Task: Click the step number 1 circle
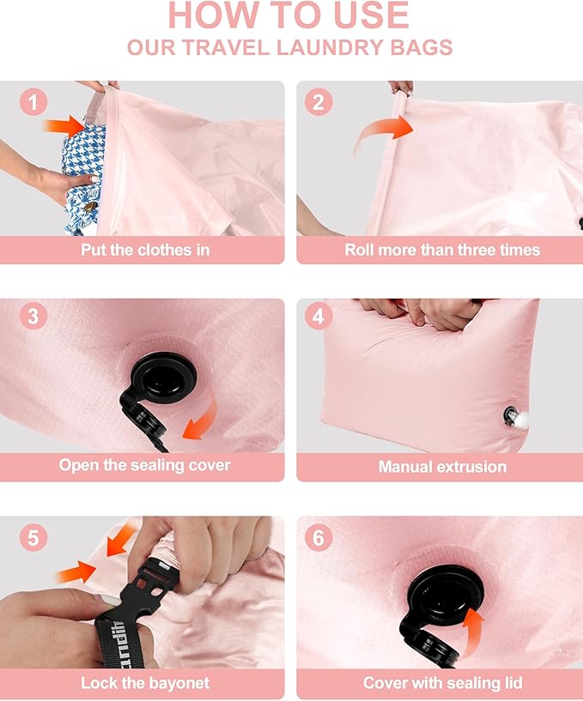tap(33, 104)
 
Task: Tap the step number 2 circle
tap(319, 103)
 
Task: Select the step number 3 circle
tap(33, 316)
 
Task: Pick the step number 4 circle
tap(319, 316)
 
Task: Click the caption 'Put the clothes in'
tap(145, 251)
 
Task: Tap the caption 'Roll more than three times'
tap(442, 251)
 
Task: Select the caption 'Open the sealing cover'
tap(145, 465)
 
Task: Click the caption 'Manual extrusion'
tap(442, 468)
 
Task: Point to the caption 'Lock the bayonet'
tap(145, 684)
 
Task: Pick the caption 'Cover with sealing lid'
tap(442, 684)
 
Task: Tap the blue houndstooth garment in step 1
tap(82, 176)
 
